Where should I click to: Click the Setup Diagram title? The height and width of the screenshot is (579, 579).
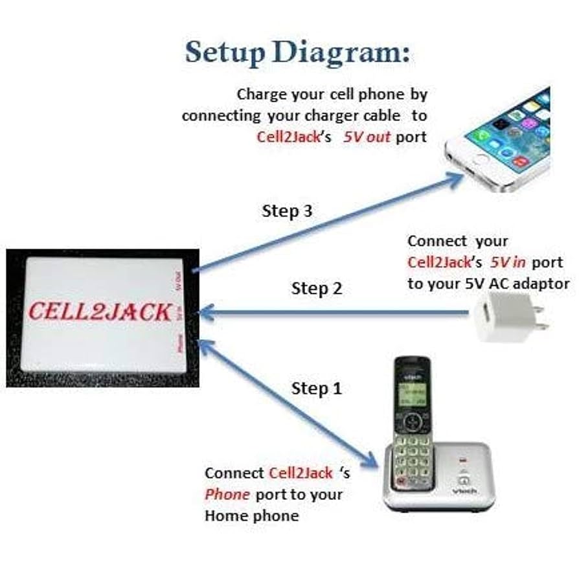click(x=297, y=52)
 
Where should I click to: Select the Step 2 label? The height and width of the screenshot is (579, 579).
click(x=317, y=288)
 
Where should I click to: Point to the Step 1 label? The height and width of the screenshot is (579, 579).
click(x=317, y=389)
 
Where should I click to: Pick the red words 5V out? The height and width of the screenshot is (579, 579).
click(x=367, y=137)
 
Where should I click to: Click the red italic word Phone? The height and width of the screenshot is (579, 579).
click(x=227, y=495)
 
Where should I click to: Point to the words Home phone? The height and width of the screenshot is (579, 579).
click(x=252, y=516)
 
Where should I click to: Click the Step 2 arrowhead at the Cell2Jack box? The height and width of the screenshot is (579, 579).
click(x=204, y=314)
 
